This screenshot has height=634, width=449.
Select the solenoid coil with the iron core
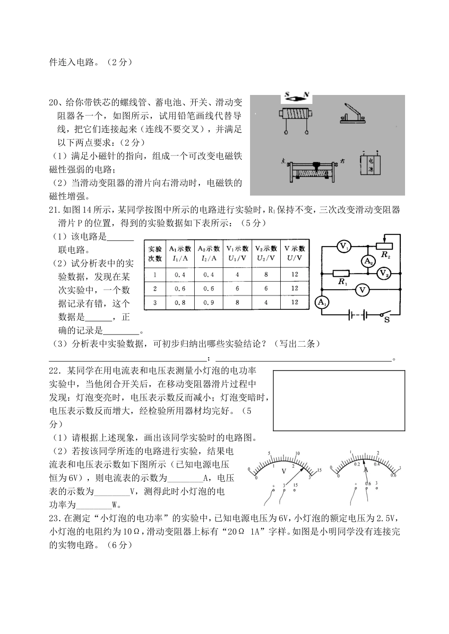(295, 116)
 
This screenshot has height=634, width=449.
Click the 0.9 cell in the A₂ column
(208, 302)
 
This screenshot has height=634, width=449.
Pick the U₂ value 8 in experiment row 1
(266, 274)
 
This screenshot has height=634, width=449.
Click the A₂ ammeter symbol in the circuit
(368, 261)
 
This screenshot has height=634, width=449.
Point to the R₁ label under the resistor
(343, 282)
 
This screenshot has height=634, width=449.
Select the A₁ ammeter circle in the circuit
(322, 303)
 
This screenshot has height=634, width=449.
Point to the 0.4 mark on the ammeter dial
(377, 464)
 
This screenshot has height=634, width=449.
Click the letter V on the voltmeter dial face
(284, 471)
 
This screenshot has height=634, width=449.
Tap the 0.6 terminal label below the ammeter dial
(368, 484)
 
